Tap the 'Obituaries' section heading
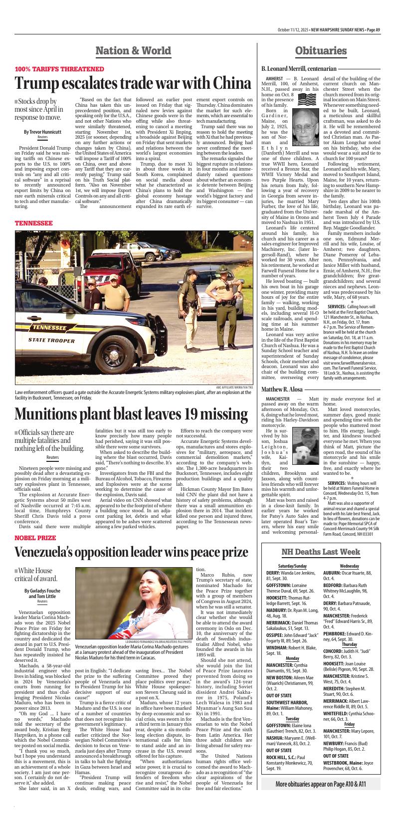pos(321,50)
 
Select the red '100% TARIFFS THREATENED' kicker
pos(59,69)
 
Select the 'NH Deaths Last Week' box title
pos(321,552)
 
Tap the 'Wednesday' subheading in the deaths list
pos(349,566)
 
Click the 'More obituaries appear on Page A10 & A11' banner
pos(321,798)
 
